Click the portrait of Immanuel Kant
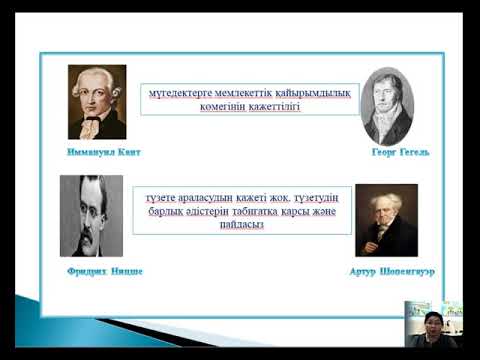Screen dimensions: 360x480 pyautogui.click(x=97, y=102)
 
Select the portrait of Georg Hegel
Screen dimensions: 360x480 pyautogui.click(x=387, y=106)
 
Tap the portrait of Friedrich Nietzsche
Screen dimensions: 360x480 pyautogui.click(x=91, y=216)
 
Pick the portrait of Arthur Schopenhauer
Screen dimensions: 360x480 pyautogui.click(x=386, y=220)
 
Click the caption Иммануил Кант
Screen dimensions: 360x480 pyautogui.click(x=96, y=155)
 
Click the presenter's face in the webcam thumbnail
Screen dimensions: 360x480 pyautogui.click(x=432, y=324)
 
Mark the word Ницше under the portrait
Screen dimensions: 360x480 pyautogui.click(x=126, y=271)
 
